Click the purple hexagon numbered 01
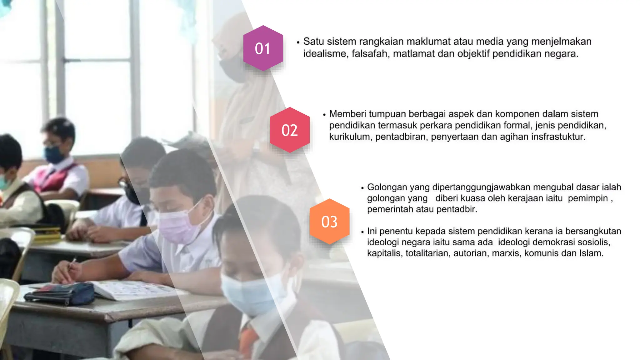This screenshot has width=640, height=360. click(263, 48)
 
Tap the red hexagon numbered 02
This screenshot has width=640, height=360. click(290, 130)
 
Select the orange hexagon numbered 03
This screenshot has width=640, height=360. click(329, 222)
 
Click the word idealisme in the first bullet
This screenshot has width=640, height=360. click(325, 54)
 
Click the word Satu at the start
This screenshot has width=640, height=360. click(314, 42)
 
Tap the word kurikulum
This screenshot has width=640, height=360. click(349, 137)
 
